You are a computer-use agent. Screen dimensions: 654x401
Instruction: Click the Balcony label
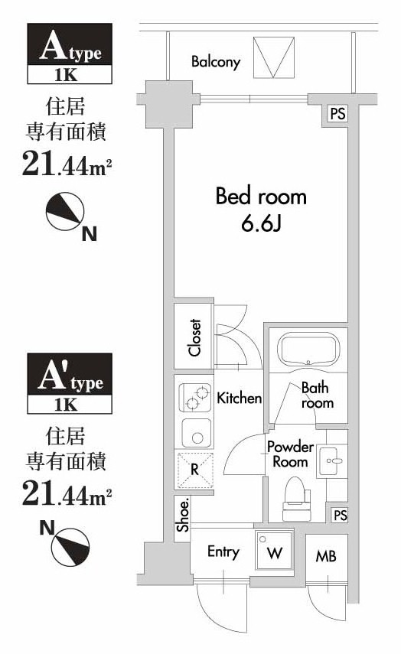[216, 61]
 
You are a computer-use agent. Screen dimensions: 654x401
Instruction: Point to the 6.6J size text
[260, 226]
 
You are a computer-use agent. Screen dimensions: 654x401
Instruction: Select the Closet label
[195, 337]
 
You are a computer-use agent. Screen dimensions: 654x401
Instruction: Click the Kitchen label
[240, 399]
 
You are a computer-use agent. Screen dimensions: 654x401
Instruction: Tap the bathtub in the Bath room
[306, 350]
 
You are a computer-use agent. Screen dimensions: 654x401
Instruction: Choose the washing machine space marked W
[274, 552]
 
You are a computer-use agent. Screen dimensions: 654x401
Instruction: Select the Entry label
[223, 552]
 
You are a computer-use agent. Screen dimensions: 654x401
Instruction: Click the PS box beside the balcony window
[337, 114]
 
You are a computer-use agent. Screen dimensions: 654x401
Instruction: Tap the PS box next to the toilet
[339, 515]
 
